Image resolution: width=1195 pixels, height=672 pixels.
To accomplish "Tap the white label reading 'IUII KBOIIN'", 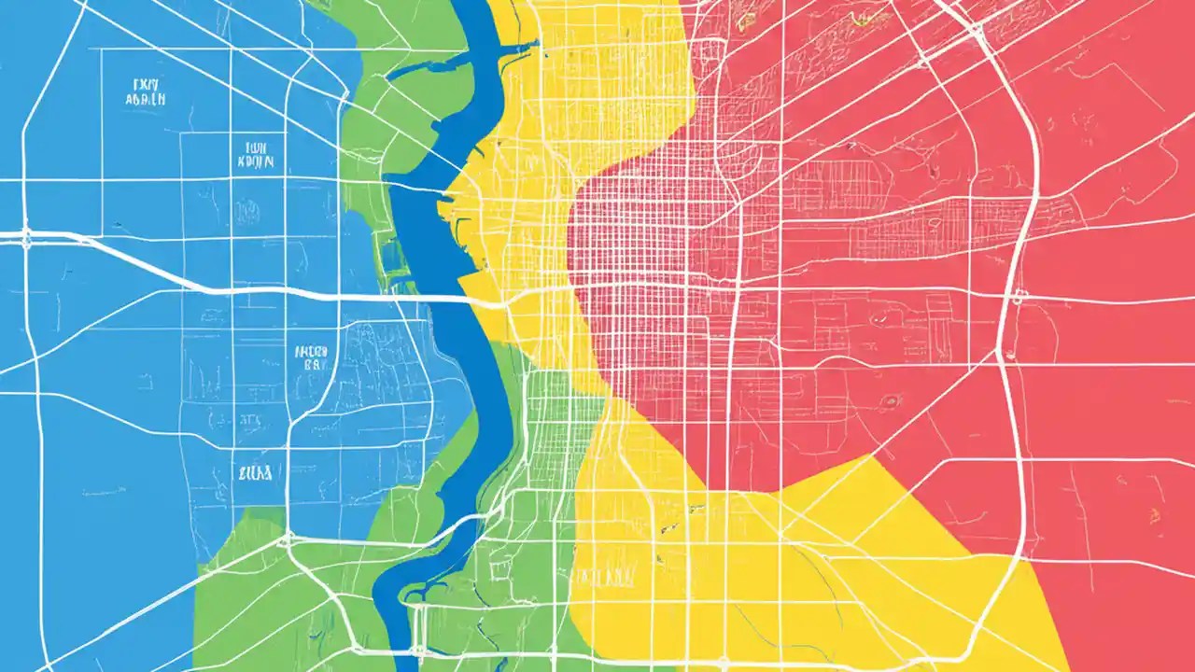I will coord(255,154).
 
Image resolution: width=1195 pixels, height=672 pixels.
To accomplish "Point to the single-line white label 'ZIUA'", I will coord(255,473).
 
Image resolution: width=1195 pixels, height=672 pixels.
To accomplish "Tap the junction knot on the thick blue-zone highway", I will coord(25,234).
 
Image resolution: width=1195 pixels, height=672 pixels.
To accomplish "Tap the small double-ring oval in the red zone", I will coord(892,401).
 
